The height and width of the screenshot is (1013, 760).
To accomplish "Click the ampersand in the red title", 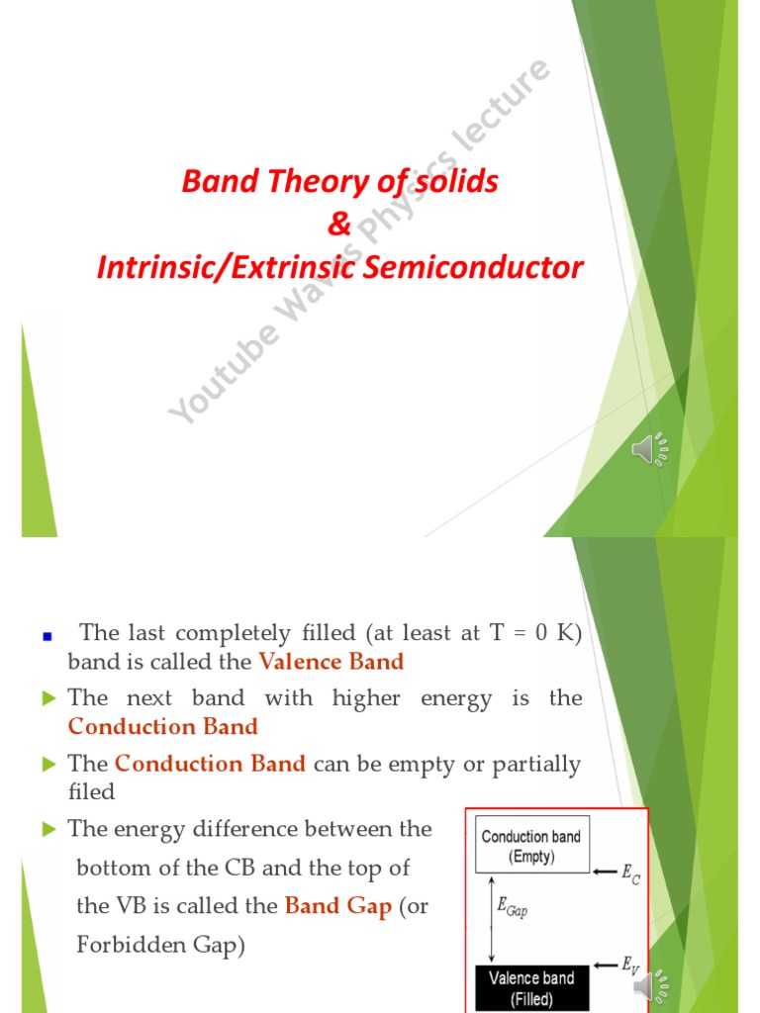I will tap(339, 225).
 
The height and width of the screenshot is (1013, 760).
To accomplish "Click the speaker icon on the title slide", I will tap(650, 450).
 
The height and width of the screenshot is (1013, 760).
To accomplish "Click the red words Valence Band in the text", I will tap(331, 662).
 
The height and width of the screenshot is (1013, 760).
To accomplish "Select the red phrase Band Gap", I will tap(337, 906).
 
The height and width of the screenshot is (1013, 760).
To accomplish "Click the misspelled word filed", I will tap(91, 791).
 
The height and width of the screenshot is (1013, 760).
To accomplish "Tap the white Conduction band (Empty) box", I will tap(530, 847).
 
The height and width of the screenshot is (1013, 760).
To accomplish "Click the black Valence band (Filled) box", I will tap(530, 987).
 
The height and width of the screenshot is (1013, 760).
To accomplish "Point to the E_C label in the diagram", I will tap(630, 874).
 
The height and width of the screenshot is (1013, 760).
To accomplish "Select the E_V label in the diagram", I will tap(630, 967).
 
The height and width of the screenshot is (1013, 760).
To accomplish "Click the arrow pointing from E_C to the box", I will tap(605, 872).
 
